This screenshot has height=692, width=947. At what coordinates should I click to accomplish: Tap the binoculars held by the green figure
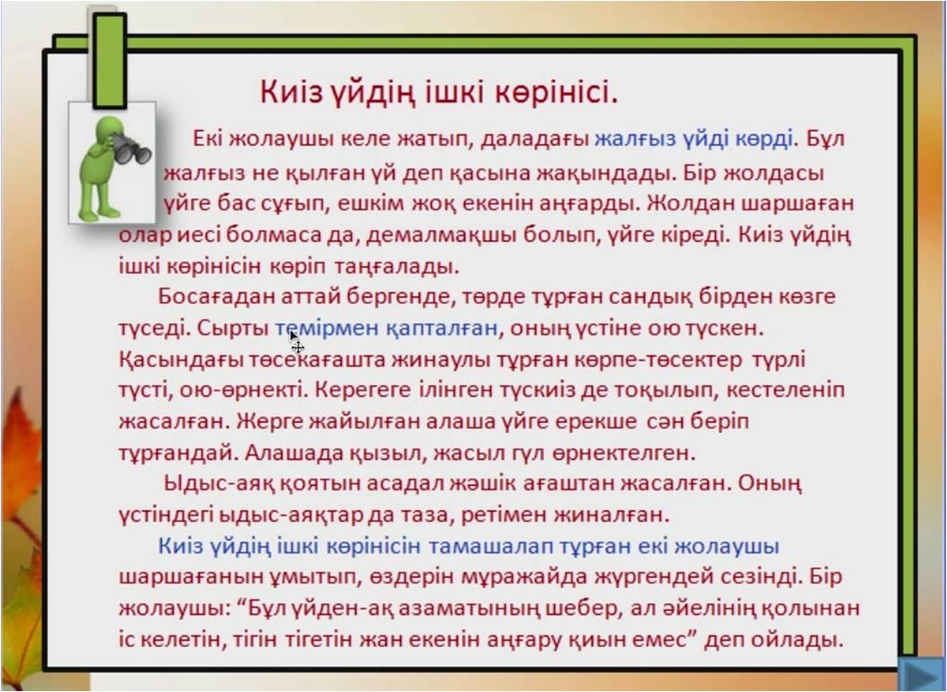(x=131, y=148)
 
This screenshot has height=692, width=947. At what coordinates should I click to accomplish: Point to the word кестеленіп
(x=785, y=391)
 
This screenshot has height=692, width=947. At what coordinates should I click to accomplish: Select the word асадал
(x=318, y=483)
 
